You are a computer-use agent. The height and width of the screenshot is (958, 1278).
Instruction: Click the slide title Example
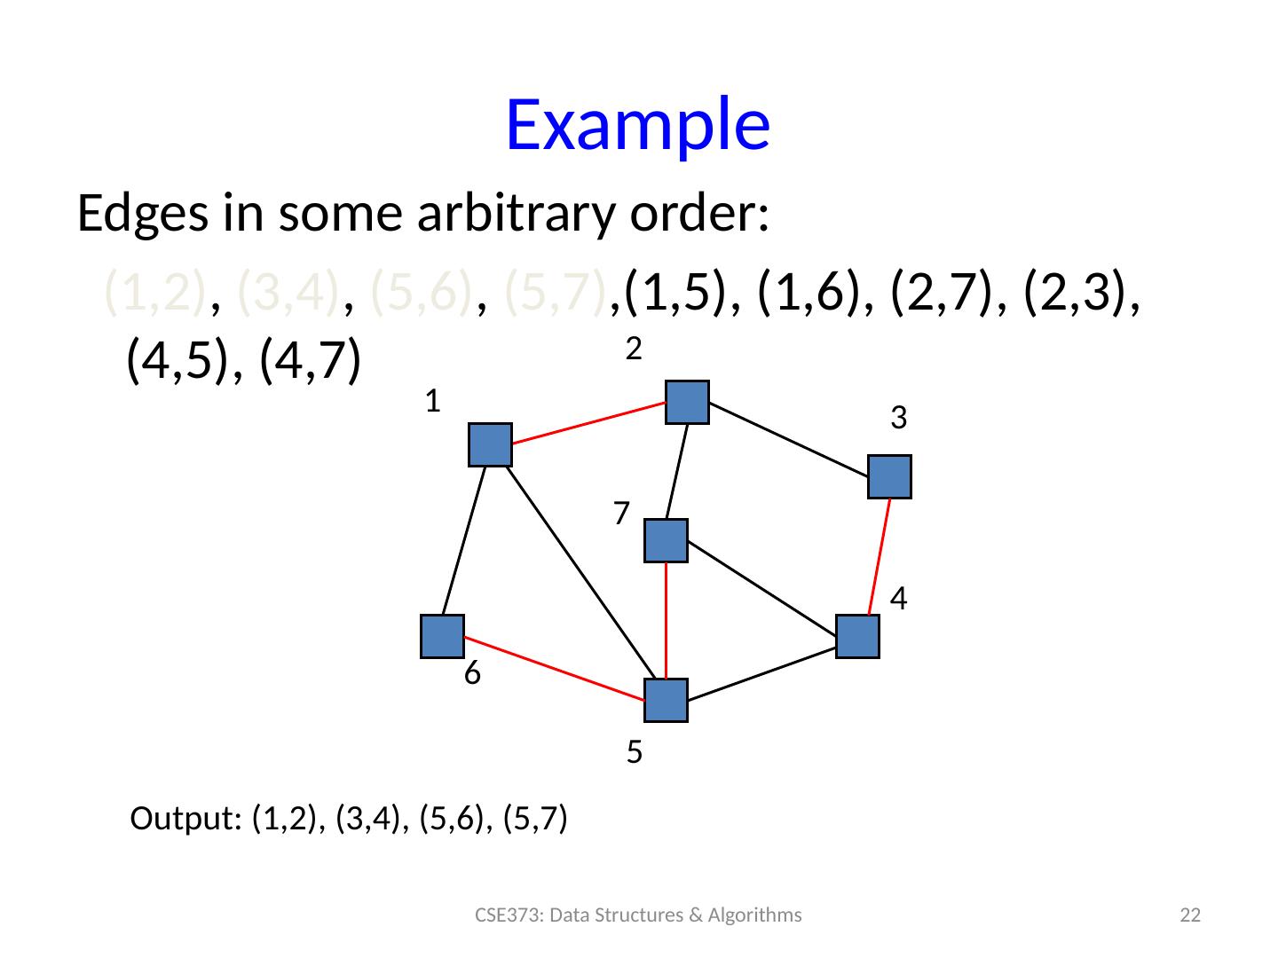(636, 125)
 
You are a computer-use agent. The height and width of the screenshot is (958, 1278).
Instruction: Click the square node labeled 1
(490, 444)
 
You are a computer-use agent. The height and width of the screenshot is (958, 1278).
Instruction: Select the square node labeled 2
(687, 402)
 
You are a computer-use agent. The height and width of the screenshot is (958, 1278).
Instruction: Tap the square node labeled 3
(890, 476)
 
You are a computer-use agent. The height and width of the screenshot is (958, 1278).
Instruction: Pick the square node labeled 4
(857, 636)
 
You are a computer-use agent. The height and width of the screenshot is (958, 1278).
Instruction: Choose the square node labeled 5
(666, 700)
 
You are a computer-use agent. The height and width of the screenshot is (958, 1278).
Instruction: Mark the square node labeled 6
(442, 636)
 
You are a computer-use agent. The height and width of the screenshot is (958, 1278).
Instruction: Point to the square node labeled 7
(666, 540)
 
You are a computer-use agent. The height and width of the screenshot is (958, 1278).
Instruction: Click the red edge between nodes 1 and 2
(588, 423)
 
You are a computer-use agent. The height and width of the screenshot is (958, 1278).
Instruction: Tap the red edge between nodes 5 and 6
(555, 668)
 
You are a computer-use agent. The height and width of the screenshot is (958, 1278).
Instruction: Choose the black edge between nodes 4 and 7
(761, 588)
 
